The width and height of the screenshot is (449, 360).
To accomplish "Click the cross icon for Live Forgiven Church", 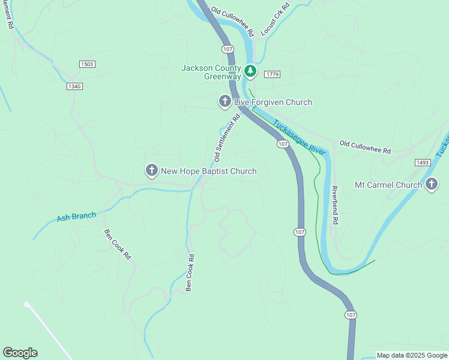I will (224, 101).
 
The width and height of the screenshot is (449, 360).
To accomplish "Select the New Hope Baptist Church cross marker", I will (152, 171).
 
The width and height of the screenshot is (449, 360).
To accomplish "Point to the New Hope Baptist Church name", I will (209, 172).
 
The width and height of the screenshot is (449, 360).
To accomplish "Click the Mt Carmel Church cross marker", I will (431, 185).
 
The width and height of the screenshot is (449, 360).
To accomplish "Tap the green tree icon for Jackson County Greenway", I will (250, 72).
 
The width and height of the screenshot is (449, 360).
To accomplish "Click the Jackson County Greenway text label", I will (211, 72).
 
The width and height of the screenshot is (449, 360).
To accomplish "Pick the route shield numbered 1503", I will (87, 64).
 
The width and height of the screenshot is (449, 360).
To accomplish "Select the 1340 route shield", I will (74, 86).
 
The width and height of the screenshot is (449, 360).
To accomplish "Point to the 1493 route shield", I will (423, 163).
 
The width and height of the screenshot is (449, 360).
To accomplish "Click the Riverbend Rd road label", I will (335, 205).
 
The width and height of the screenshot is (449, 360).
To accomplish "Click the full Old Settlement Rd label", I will (227, 139).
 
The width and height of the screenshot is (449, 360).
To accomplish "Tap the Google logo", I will (20, 353).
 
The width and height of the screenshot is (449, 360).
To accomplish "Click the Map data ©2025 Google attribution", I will (412, 355).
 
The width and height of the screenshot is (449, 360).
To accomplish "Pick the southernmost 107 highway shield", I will (351, 315).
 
